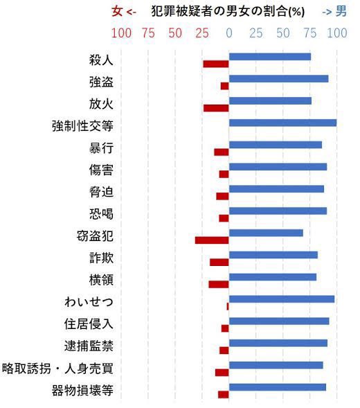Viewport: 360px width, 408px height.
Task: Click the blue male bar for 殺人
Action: pos(270,57)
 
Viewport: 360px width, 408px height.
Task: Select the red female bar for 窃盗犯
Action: pos(212,240)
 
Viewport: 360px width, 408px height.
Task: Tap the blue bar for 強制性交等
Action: pos(282,123)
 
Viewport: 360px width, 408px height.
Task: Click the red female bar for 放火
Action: pos(216,108)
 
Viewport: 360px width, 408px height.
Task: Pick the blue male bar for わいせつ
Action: pos(282,299)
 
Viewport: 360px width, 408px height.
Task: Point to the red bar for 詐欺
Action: pos(219,262)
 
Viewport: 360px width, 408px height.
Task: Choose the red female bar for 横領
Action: pos(219,284)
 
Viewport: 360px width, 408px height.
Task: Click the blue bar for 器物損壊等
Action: pos(278,387)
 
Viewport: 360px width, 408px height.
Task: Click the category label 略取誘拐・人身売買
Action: pos(58,368)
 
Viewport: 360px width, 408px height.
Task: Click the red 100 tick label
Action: pos(121,33)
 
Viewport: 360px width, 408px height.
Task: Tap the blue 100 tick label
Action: pos(337,33)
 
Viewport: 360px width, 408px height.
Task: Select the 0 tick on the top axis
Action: pos(229,33)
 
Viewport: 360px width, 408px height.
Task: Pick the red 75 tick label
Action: pos(148,33)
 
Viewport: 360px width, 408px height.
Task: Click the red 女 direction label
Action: pos(117,12)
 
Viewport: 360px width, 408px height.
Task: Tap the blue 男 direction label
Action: pos(341,12)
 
